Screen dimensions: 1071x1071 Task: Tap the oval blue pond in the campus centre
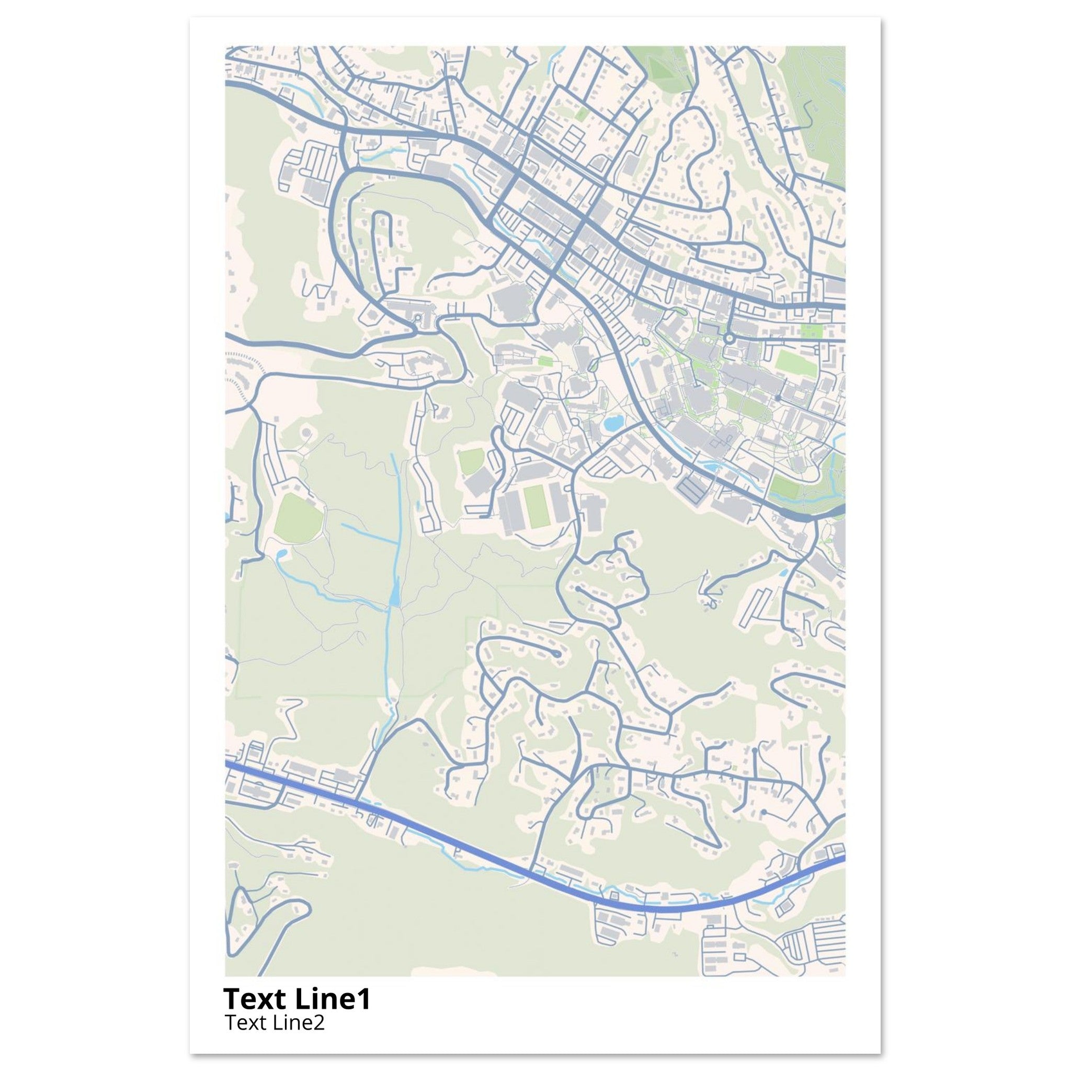pos(613,424)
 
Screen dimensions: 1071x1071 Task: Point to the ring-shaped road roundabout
pos(728,338)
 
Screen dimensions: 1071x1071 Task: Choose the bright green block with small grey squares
pos(810,333)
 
